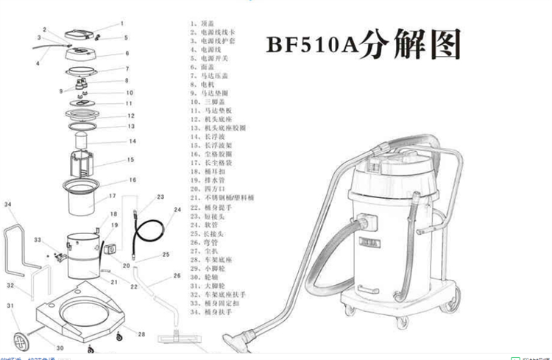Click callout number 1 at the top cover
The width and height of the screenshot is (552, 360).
(122, 24)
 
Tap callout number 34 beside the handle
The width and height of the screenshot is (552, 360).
(7, 204)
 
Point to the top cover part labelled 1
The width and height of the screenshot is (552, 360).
(82, 33)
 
